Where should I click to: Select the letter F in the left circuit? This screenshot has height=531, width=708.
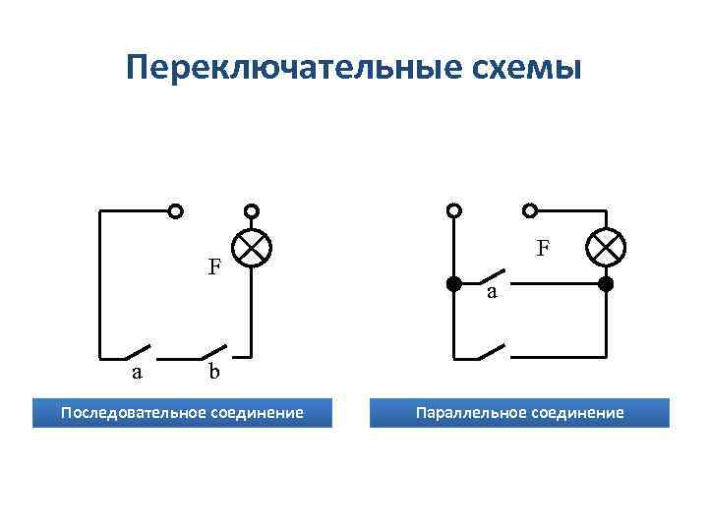point(213,266)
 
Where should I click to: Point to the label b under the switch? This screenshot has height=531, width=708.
point(213,373)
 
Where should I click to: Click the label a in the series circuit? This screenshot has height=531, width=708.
point(138,373)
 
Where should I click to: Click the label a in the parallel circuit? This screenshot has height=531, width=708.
point(492,292)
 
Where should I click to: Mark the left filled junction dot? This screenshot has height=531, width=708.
point(454,285)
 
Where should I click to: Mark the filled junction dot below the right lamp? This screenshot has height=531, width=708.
point(606,285)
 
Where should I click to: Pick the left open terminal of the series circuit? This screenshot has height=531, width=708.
point(175,210)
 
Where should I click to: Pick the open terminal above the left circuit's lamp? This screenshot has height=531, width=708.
point(252,210)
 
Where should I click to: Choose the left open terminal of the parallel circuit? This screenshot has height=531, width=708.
point(454,210)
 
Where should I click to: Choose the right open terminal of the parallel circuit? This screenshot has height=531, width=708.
point(531,210)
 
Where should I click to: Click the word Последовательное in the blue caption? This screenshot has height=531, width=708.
point(132,412)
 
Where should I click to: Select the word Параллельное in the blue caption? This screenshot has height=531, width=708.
point(468,412)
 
